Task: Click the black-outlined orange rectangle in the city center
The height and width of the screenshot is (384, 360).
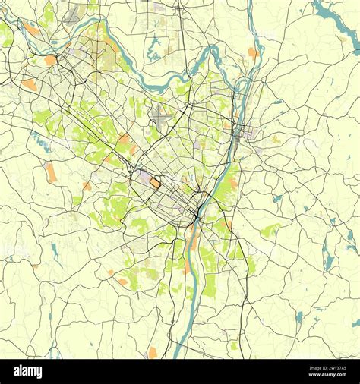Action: (x=155, y=182)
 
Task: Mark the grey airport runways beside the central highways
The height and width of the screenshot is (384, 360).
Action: (x=163, y=118)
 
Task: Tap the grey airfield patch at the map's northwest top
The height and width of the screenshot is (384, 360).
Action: (x=74, y=14)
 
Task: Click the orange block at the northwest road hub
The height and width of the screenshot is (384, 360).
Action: (x=50, y=59)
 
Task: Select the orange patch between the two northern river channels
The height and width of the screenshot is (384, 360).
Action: (x=252, y=52)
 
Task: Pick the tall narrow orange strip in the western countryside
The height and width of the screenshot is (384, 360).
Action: (x=50, y=172)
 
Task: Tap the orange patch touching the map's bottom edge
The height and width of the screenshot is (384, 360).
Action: (x=153, y=353)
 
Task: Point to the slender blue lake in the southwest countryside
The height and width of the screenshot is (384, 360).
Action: (x=55, y=251)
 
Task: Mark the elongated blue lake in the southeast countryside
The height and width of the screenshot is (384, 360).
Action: (x=329, y=262)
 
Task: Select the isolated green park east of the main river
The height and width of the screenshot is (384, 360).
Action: (x=270, y=230)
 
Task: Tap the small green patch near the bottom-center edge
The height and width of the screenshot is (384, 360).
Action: (x=234, y=345)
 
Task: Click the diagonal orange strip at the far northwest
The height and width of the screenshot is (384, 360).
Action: (x=30, y=29)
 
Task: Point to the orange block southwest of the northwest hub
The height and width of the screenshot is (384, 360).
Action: (x=29, y=84)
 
